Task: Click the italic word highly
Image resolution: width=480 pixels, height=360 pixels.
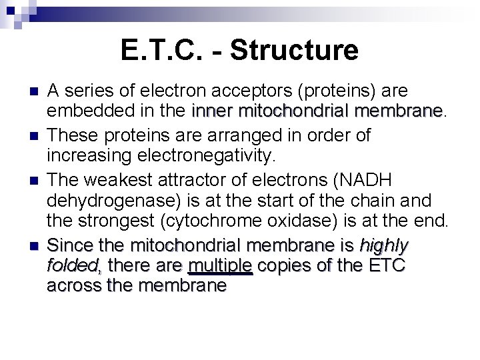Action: tap(383, 245)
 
